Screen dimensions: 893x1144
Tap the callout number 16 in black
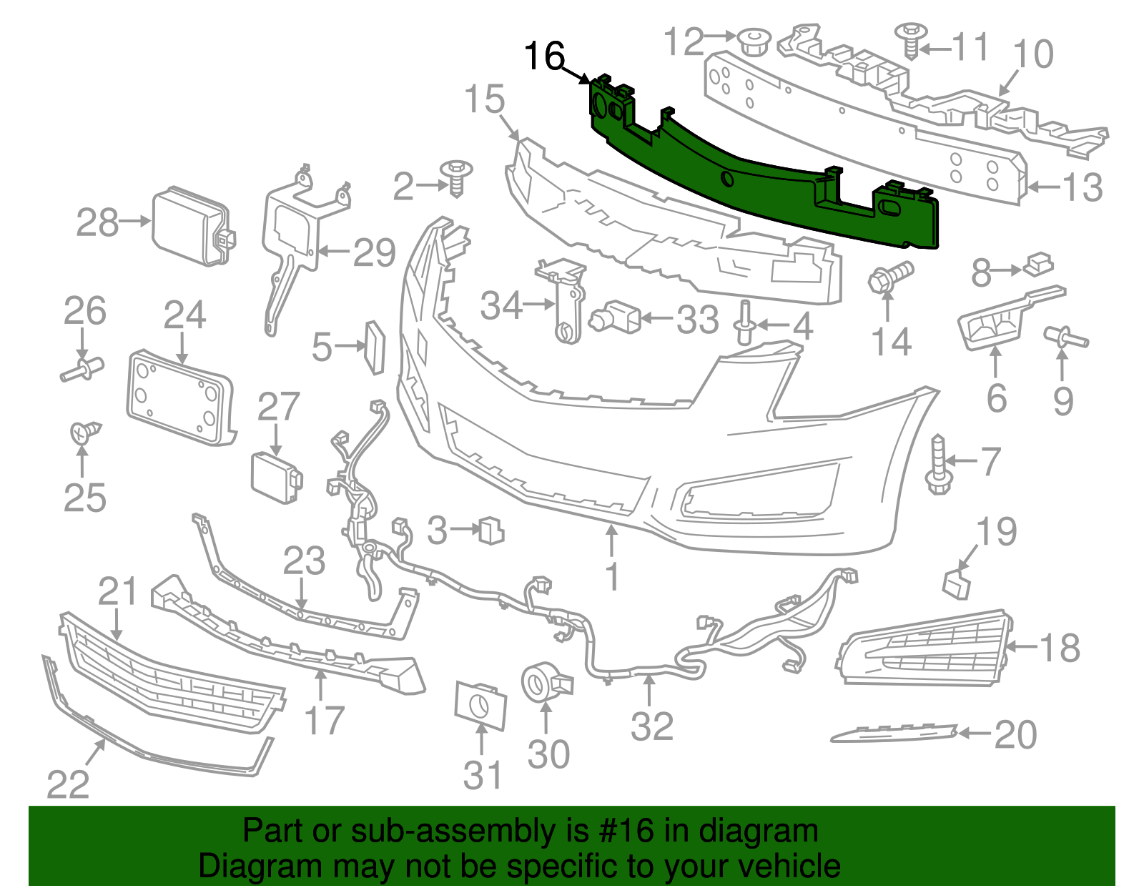click(x=545, y=56)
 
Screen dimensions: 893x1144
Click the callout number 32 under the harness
click(x=651, y=726)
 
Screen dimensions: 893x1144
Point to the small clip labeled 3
click(x=492, y=530)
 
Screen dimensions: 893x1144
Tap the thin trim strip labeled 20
click(x=894, y=734)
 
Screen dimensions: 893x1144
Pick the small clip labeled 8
click(x=1039, y=264)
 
